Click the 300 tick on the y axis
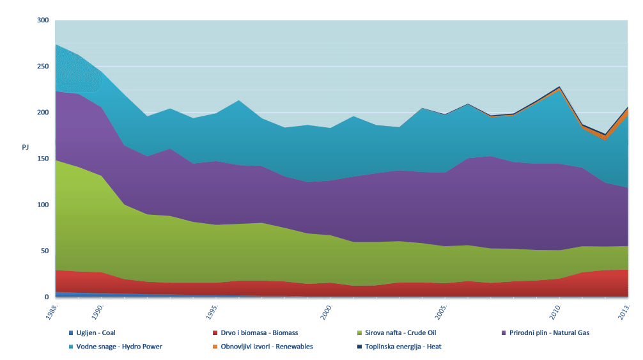click(42, 20)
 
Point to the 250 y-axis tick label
click(42, 67)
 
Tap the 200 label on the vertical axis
click(42, 113)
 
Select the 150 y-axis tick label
click(42, 159)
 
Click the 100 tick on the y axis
click(42, 205)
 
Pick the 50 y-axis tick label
click(44, 251)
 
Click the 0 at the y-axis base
click(46, 297)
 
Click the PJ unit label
click(26, 148)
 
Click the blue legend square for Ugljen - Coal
click(71, 333)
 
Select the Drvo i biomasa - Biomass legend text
click(259, 333)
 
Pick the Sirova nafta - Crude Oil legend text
click(400, 333)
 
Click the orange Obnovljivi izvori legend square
click(215, 347)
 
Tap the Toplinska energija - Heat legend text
click(403, 347)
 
